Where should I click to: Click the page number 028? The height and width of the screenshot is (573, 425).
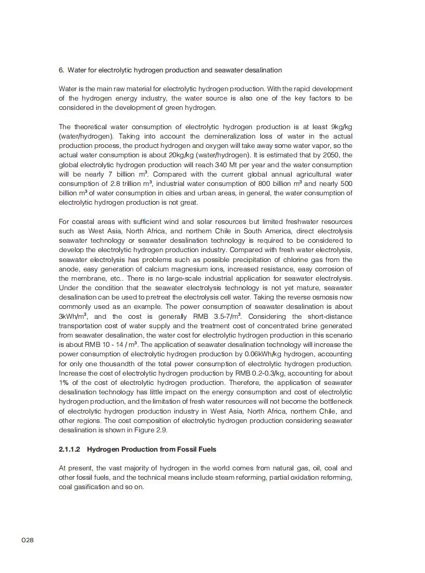[28, 540]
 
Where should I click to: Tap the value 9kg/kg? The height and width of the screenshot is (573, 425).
[342, 127]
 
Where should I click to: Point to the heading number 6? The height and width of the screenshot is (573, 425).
[61, 70]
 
